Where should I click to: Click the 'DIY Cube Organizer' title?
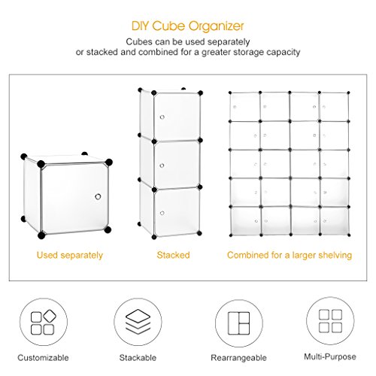(x=187, y=26)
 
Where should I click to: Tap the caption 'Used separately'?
(x=70, y=255)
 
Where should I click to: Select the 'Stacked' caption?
(x=173, y=255)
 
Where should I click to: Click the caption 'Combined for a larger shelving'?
(x=290, y=255)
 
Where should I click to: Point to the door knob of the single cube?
(x=98, y=196)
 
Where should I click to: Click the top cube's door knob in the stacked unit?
(x=162, y=117)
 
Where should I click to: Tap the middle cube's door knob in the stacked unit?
(x=162, y=165)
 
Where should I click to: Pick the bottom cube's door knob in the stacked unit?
(x=162, y=213)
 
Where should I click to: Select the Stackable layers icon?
(x=138, y=322)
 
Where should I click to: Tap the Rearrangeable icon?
(x=238, y=323)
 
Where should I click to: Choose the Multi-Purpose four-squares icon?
(x=330, y=321)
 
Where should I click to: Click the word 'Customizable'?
(x=43, y=357)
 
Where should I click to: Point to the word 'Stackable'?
(x=138, y=357)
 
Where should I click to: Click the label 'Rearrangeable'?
(x=238, y=358)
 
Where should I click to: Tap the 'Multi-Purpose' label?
(x=330, y=356)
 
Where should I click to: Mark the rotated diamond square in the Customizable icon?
(x=50, y=317)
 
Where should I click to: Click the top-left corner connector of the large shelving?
(x=230, y=92)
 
